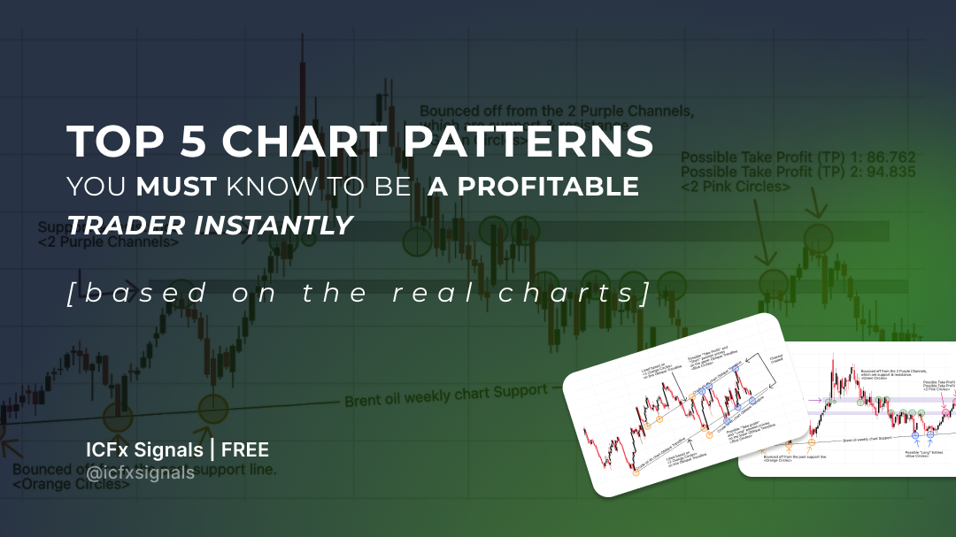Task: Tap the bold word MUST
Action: [x=177, y=188]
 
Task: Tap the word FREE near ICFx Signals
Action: [x=245, y=450]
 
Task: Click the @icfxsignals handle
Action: [x=139, y=473]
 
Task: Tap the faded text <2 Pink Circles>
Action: [x=735, y=187]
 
